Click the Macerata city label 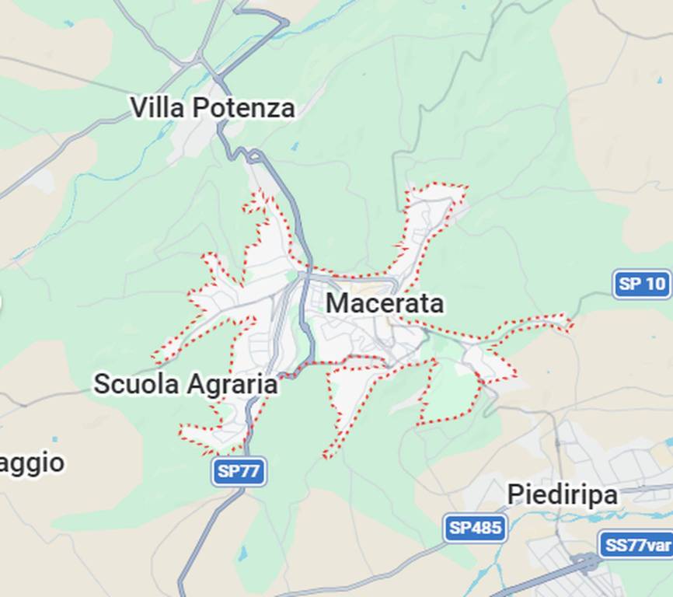pyautogui.click(x=385, y=303)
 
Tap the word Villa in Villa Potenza pyautogui.click(x=157, y=107)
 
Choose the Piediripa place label pyautogui.click(x=562, y=494)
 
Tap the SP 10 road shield pyautogui.click(x=642, y=284)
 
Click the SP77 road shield pyautogui.click(x=239, y=471)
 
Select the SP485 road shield pyautogui.click(x=475, y=529)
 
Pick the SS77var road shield pyautogui.click(x=636, y=545)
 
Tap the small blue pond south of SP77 pyautogui.click(x=243, y=553)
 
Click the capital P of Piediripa pyautogui.click(x=515, y=494)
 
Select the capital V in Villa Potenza pyautogui.click(x=138, y=107)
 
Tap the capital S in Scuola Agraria pyautogui.click(x=103, y=384)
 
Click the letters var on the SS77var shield pyautogui.click(x=657, y=545)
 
